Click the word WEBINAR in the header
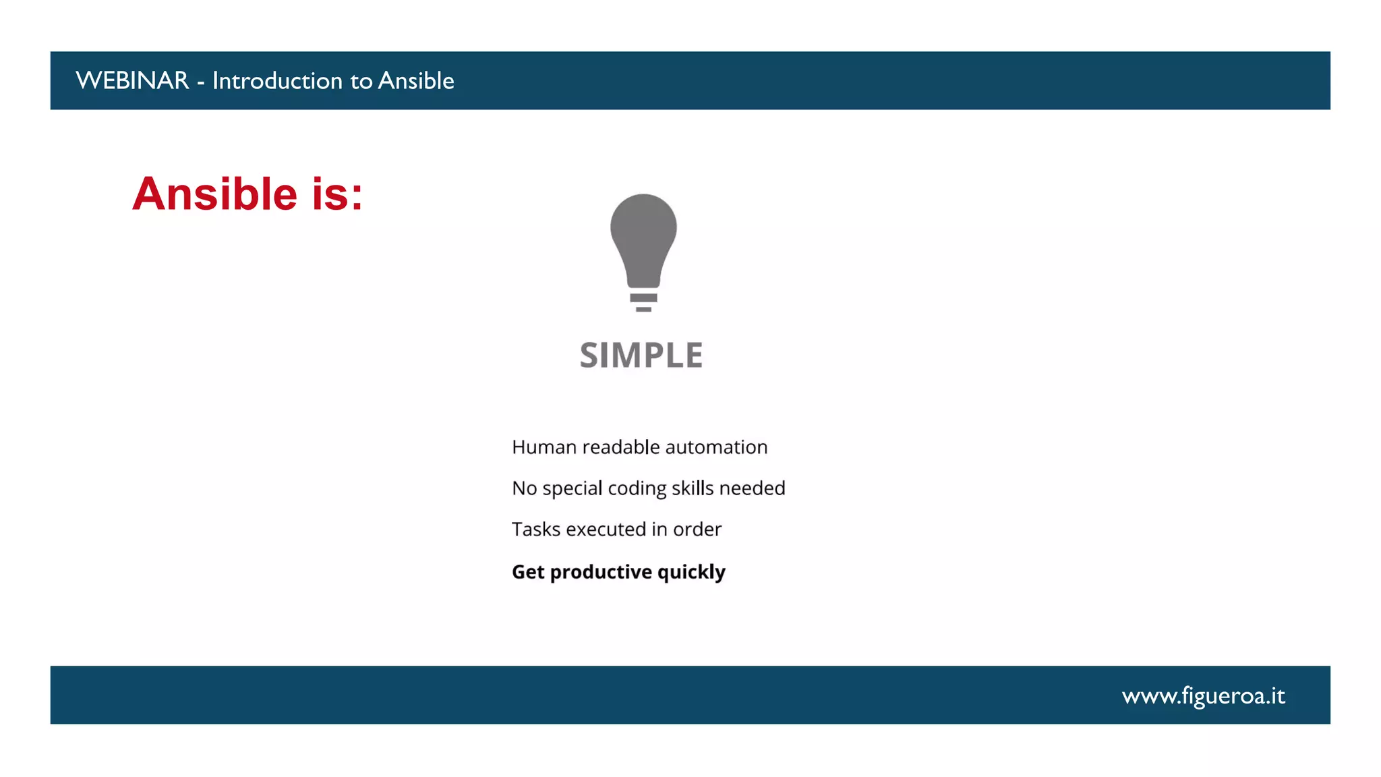click(x=132, y=81)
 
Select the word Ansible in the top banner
click(x=416, y=81)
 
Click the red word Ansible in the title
click(x=215, y=194)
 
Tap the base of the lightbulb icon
click(x=643, y=301)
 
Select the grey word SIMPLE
click(x=641, y=355)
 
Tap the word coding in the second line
click(x=637, y=489)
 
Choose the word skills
click(x=693, y=488)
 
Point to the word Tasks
click(x=536, y=529)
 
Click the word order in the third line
click(x=697, y=529)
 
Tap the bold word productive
click(x=601, y=573)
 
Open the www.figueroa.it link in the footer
click(x=1203, y=696)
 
